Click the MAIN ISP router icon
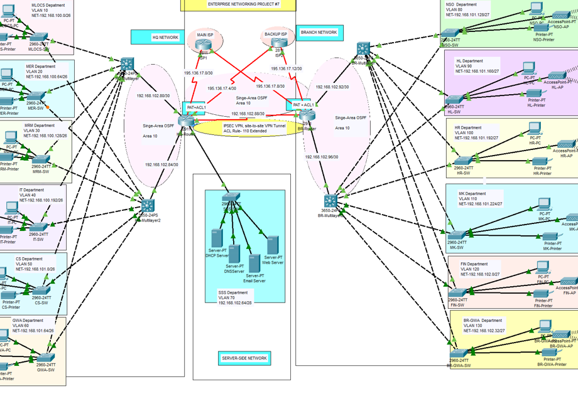[203, 46]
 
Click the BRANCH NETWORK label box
[320, 33]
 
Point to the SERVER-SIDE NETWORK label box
[244, 358]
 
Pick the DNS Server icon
[234, 254]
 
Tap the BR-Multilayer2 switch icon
[330, 201]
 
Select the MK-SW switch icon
[456, 236]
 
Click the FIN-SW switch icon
[457, 293]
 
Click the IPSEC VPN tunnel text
[254, 128]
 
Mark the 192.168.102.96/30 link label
[321, 157]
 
